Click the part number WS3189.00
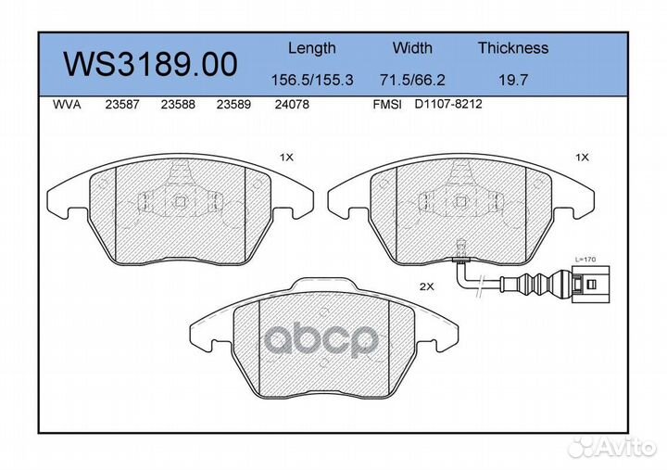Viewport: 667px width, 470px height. (149, 64)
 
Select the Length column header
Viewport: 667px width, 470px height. (311, 48)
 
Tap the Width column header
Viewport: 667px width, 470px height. (412, 48)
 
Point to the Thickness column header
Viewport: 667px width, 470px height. (513, 48)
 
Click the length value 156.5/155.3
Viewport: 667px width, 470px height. (311, 80)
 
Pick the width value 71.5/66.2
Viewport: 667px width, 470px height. (412, 80)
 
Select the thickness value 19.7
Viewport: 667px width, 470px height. (513, 80)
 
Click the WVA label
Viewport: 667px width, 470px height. (68, 105)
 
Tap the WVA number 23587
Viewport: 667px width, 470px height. (122, 105)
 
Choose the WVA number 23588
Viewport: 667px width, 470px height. (177, 105)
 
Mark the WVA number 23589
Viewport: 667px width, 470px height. (233, 105)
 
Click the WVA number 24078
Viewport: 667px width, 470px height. (292, 105)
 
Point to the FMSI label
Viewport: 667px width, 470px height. (386, 105)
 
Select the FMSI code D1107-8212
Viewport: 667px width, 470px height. (448, 105)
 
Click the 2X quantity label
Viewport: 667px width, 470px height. (427, 287)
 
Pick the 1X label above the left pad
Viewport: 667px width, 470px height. (286, 158)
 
